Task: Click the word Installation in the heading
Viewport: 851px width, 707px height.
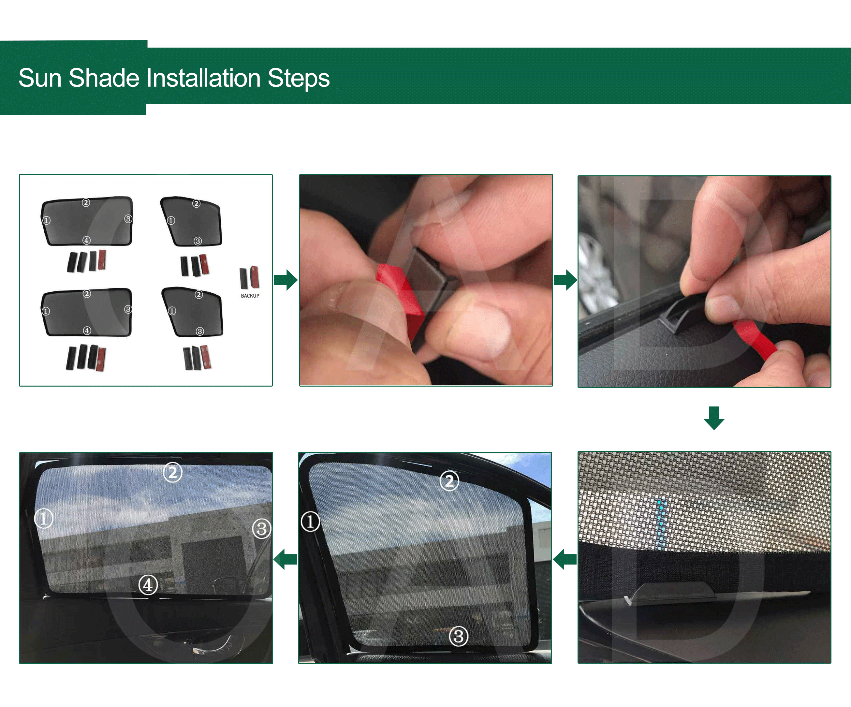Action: [x=203, y=78]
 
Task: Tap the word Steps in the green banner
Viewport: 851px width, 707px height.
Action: [x=298, y=78]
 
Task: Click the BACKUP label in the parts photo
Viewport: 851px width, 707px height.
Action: [x=250, y=296]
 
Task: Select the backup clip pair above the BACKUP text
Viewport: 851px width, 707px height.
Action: [x=249, y=278]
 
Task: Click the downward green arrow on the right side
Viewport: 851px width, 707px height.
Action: [x=714, y=418]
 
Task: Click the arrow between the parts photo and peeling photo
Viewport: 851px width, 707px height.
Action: [x=286, y=280]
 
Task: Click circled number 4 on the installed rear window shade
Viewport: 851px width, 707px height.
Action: [x=148, y=585]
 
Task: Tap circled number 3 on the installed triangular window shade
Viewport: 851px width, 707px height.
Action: [x=459, y=636]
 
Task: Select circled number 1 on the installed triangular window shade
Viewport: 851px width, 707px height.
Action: [x=310, y=522]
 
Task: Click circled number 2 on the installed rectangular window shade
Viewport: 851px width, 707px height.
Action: [x=173, y=472]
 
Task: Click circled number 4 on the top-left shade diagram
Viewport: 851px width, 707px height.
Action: [x=86, y=240]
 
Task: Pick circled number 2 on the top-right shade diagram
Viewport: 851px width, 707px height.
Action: [x=196, y=203]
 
